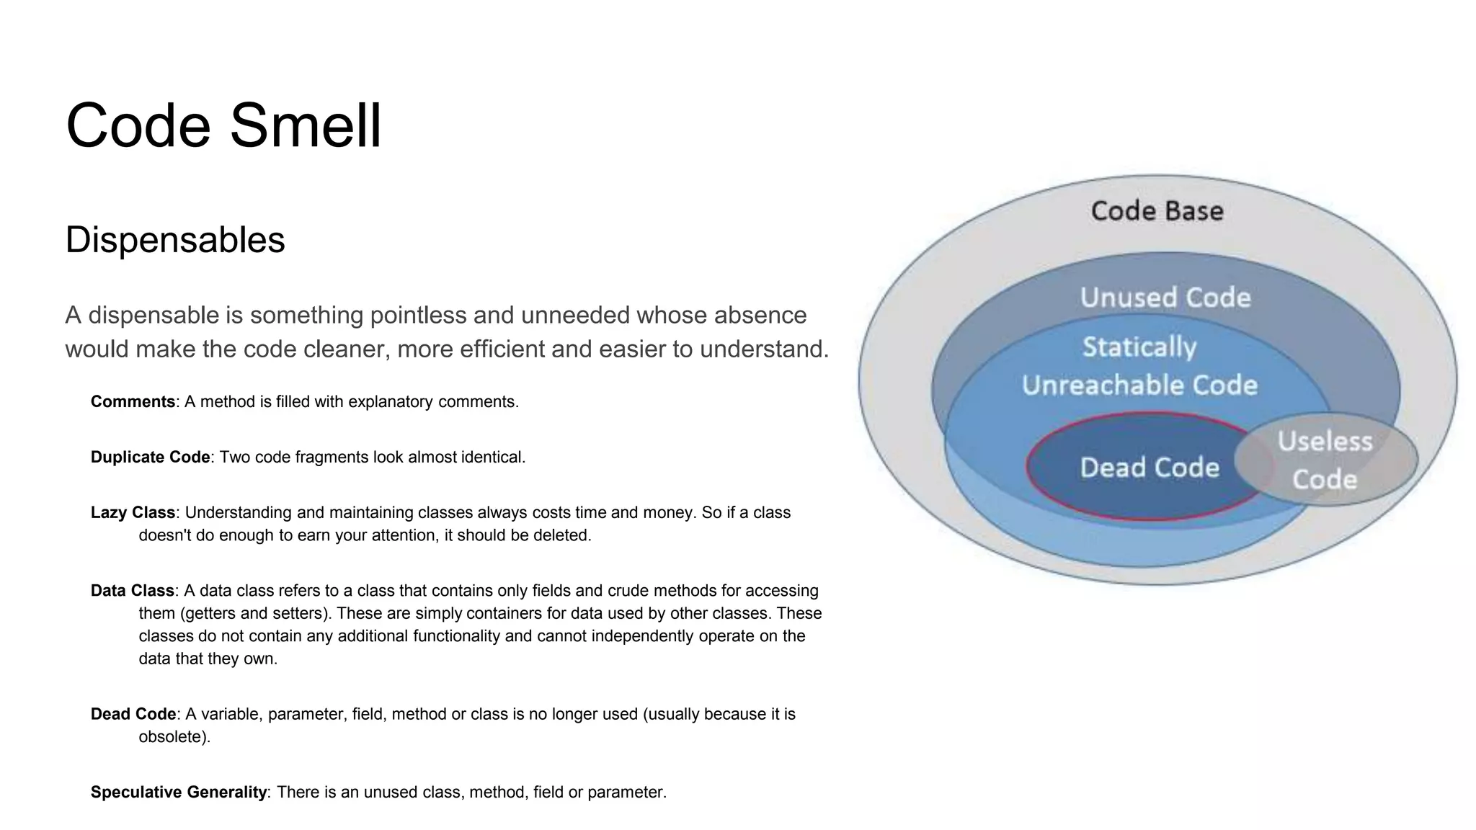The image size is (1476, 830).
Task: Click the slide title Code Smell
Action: (x=223, y=125)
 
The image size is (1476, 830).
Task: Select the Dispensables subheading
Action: (x=175, y=240)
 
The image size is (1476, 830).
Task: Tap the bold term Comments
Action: (x=133, y=402)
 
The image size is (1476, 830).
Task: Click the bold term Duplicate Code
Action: (x=150, y=458)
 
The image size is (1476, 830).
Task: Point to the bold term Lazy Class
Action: (x=133, y=513)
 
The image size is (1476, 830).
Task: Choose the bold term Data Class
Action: (x=132, y=591)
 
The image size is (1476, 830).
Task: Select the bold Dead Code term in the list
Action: (x=133, y=715)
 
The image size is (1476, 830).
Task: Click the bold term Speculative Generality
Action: (x=179, y=793)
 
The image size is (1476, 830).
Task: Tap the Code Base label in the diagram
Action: (x=1157, y=211)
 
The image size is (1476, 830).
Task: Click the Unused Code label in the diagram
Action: (x=1165, y=298)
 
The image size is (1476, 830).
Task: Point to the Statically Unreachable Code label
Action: (x=1139, y=366)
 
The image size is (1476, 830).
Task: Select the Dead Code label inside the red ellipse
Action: (x=1150, y=468)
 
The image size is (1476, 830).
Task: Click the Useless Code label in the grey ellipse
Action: (x=1325, y=460)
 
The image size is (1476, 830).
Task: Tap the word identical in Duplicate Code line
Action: (x=492, y=458)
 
